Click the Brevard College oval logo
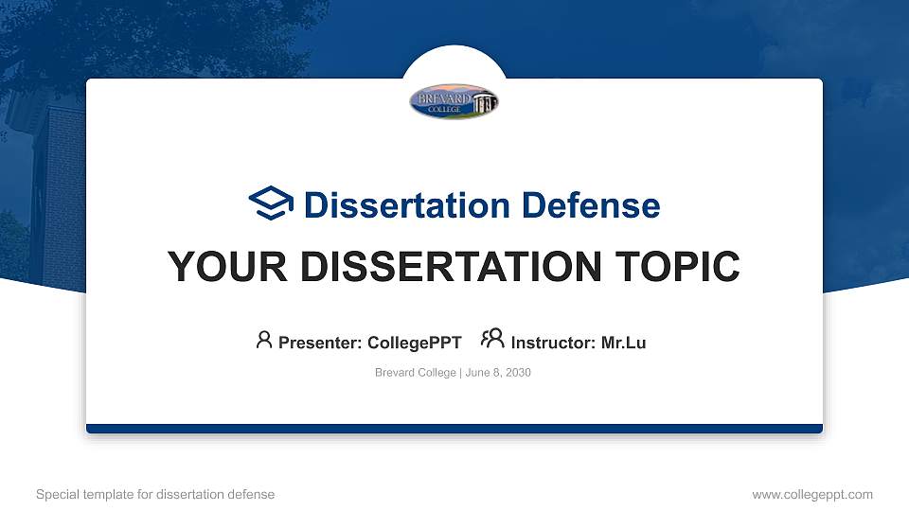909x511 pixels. (454, 102)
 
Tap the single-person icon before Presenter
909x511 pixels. (264, 340)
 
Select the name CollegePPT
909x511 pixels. (414, 343)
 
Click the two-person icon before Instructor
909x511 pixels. (492, 340)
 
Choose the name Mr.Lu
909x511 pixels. (623, 343)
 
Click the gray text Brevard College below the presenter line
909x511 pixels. (416, 373)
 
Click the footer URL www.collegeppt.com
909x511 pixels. (812, 494)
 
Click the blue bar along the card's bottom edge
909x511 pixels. (454, 429)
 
